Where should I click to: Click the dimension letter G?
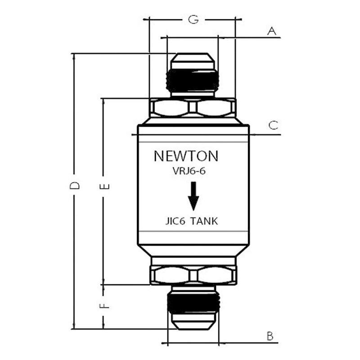pyautogui.click(x=193, y=19)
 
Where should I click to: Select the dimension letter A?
pyautogui.click(x=272, y=31)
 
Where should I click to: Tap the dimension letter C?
pyautogui.click(x=273, y=125)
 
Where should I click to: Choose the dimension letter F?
pyautogui.click(x=104, y=306)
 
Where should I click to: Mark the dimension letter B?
pyautogui.click(x=270, y=336)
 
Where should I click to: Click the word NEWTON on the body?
pyautogui.click(x=186, y=156)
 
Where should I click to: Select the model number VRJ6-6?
pyautogui.click(x=189, y=171)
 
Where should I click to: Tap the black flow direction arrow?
pyautogui.click(x=193, y=196)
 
